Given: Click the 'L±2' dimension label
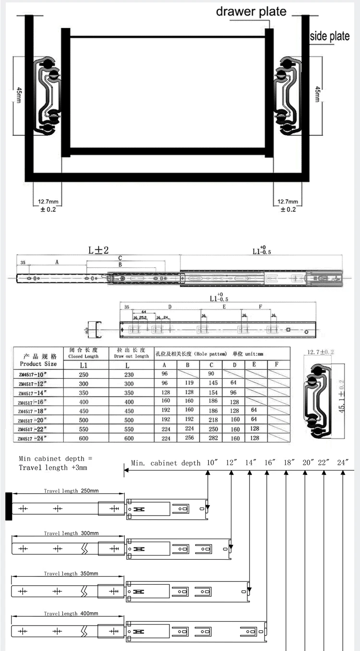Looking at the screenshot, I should click(98, 250).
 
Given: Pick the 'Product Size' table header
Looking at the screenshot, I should click(38, 363).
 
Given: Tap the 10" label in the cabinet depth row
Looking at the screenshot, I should click(212, 463).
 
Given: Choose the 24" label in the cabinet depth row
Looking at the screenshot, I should click(342, 463).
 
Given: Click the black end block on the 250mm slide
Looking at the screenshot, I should click(8, 506).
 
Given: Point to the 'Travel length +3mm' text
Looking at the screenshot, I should click(53, 467).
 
